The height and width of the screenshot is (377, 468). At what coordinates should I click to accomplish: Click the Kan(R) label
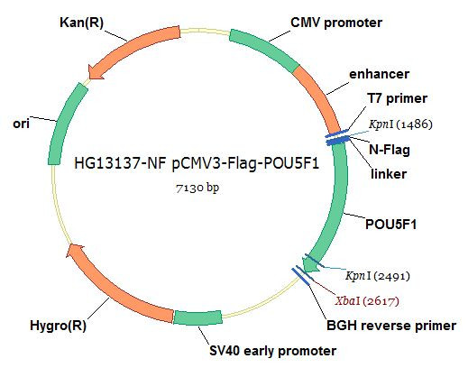[81, 23]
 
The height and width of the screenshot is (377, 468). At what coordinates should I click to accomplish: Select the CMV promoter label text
[336, 23]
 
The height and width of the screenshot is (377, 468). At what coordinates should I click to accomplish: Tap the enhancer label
[379, 74]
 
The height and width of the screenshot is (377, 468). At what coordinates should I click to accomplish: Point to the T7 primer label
[397, 98]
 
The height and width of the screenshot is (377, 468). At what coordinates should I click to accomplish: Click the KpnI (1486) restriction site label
[400, 124]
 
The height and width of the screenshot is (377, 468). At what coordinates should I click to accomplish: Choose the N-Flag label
[390, 150]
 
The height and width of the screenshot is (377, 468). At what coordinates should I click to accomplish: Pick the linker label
[389, 174]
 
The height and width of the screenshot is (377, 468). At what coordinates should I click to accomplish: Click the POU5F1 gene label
[390, 225]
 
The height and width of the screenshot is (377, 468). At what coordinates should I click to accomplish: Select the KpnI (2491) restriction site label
[378, 276]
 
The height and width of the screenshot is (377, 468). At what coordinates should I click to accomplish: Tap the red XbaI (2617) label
[367, 300]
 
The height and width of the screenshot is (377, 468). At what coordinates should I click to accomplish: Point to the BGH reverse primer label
[391, 326]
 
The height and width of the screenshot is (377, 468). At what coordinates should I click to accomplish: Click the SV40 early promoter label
[272, 351]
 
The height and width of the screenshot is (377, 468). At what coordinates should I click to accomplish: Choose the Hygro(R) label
[58, 326]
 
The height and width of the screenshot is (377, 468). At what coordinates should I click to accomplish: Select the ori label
[21, 124]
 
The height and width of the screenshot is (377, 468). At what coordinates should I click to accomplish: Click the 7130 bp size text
[197, 188]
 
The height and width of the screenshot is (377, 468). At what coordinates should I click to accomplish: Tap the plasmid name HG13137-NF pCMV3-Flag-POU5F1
[197, 163]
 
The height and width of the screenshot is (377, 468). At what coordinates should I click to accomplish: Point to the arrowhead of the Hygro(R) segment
[74, 251]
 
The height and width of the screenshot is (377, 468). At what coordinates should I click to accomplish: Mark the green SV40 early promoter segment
[198, 318]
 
